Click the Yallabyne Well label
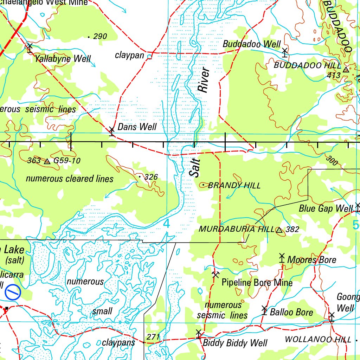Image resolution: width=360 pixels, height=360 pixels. pos(63,59)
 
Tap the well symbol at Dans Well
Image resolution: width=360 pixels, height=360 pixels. pos(112,130)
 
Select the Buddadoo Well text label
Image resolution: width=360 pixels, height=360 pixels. pos(252,44)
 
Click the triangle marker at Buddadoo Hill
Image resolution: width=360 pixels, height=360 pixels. pos(346,70)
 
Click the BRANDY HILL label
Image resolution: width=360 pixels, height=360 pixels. pos(234,185)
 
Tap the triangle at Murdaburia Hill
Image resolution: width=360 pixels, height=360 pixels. pos(279,230)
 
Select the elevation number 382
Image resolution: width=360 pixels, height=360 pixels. pos(292,230)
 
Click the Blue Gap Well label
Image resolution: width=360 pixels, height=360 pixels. pos(326,208)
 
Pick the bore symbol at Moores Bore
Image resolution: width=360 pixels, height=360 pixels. pos(282,258)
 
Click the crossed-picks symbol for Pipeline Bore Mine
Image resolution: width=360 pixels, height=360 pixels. pos(216,274)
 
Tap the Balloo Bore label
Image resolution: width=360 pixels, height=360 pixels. pos(291,312)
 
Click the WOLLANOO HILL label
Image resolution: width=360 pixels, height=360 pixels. pos(318,339)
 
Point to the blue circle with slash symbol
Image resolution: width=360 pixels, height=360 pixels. pos(13,292)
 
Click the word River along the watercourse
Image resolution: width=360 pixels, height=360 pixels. pos(204,81)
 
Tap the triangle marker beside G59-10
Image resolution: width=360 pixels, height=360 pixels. pos(47,161)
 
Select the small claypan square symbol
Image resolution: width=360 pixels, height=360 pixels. pos(149,56)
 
